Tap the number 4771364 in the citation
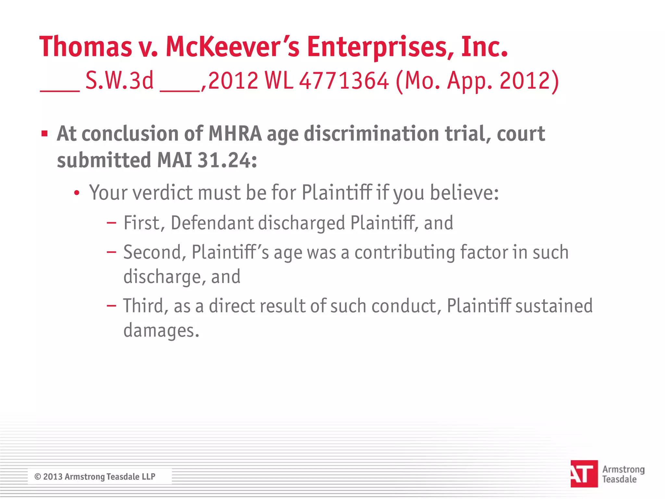coord(344,81)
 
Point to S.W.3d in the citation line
coord(119,81)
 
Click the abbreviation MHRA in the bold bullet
coord(235,134)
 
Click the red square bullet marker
coord(44,134)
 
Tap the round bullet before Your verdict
coord(77,193)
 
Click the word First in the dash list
coord(142,223)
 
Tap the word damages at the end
coord(161,331)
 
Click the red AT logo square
coord(584,474)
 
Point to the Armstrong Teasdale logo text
coord(623,474)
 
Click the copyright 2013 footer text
coord(95,477)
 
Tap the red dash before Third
coord(111,306)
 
